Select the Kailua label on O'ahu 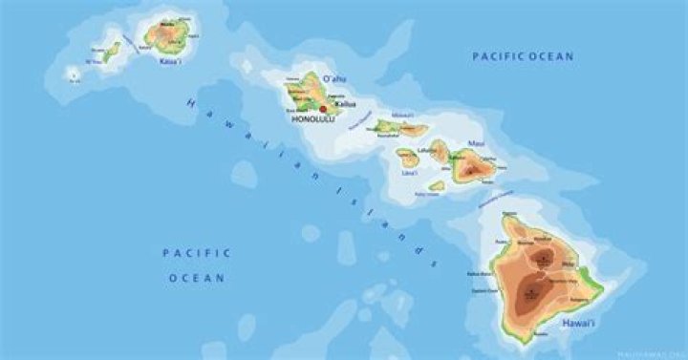click(345, 104)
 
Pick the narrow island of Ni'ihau click(112, 50)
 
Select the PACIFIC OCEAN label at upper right click(524, 57)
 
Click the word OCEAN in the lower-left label click(197, 278)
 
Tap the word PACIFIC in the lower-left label click(197, 253)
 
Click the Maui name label click(476, 144)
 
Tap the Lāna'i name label click(409, 173)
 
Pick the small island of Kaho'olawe click(437, 186)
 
